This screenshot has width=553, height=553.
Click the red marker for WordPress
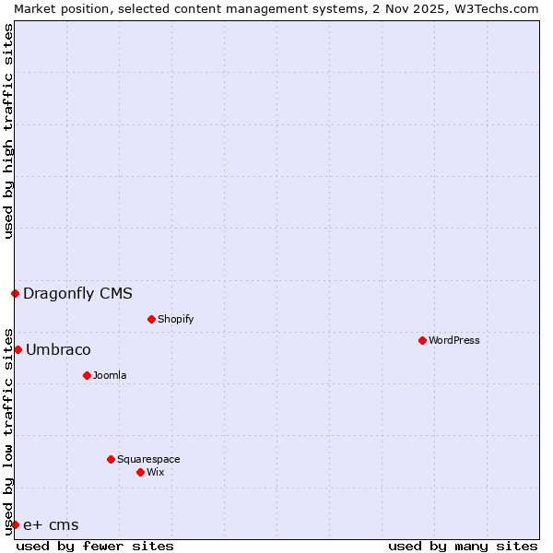click(422, 340)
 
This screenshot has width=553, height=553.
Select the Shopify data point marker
click(151, 319)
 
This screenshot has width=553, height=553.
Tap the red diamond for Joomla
click(87, 375)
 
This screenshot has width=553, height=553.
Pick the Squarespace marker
click(111, 459)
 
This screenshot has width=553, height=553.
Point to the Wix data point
click(140, 472)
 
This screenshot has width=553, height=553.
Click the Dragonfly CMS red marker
click(15, 293)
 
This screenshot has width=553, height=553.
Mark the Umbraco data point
click(18, 349)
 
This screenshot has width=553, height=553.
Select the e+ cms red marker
click(15, 524)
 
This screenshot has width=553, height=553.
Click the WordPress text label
click(454, 340)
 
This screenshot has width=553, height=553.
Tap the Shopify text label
click(175, 319)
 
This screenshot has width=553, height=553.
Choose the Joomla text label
click(110, 375)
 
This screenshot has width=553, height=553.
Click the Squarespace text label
click(148, 459)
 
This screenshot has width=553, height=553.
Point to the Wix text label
click(155, 472)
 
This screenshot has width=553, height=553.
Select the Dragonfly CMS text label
click(77, 294)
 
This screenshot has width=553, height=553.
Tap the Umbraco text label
click(58, 350)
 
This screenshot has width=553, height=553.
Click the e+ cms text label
click(51, 525)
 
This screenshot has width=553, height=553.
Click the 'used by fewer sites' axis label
click(95, 547)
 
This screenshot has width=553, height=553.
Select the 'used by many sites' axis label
click(463, 547)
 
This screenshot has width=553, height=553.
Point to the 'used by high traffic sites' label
click(8, 131)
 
